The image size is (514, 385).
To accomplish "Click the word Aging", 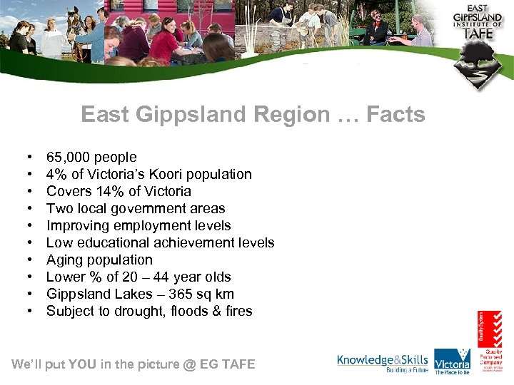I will tap(65, 260).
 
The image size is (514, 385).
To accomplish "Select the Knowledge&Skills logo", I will tap(383, 362).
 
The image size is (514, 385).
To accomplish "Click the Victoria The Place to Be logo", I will tap(453, 361).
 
